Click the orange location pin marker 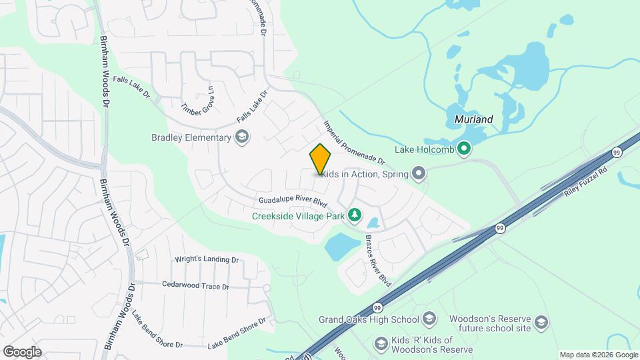click(320, 159)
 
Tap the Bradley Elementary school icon click(242, 138)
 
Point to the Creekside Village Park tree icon click(355, 215)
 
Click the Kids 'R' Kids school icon click(381, 344)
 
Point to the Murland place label click(473, 120)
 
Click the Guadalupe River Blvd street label click(294, 201)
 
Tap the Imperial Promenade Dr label click(354, 142)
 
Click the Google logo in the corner click(22, 351)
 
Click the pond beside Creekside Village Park click(340, 246)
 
